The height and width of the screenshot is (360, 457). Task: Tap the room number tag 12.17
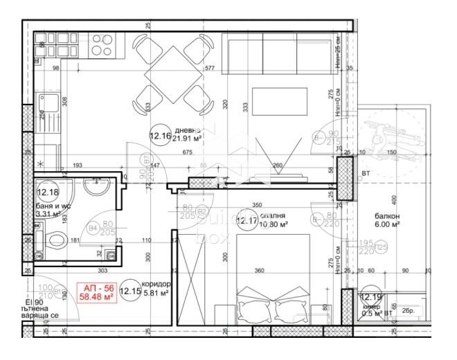(x=247, y=222)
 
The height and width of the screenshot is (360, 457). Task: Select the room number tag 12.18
(x=48, y=192)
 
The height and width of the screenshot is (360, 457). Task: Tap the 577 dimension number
(x=210, y=69)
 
